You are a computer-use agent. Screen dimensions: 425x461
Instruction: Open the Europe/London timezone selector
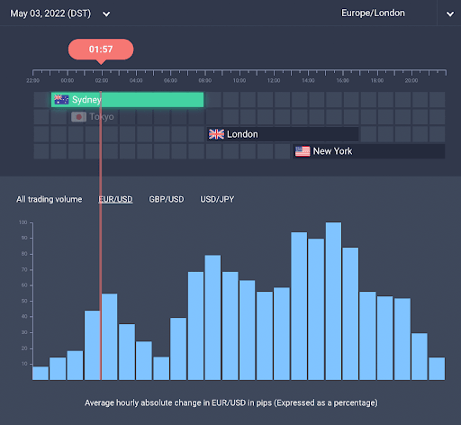click(374, 14)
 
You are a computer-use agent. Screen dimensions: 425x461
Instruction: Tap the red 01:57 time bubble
click(101, 49)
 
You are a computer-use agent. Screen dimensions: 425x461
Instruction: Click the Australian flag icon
click(61, 100)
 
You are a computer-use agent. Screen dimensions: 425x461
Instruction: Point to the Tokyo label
click(102, 117)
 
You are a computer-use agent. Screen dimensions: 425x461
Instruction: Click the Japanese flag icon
click(78, 117)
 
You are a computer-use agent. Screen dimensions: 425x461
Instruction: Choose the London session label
click(242, 134)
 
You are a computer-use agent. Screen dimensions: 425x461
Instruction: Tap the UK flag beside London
click(216, 134)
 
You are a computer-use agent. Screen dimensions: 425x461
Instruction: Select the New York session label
click(332, 151)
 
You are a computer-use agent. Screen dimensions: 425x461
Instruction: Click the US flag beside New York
click(303, 151)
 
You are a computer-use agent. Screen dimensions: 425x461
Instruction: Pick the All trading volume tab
click(49, 199)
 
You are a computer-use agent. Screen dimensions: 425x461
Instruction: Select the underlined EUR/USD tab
click(115, 199)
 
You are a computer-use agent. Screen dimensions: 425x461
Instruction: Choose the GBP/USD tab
click(167, 199)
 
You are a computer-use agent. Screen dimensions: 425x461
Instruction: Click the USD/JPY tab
click(218, 199)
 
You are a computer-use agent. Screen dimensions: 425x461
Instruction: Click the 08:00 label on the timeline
click(205, 80)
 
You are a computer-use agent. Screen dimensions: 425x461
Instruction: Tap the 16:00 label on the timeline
click(342, 80)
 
